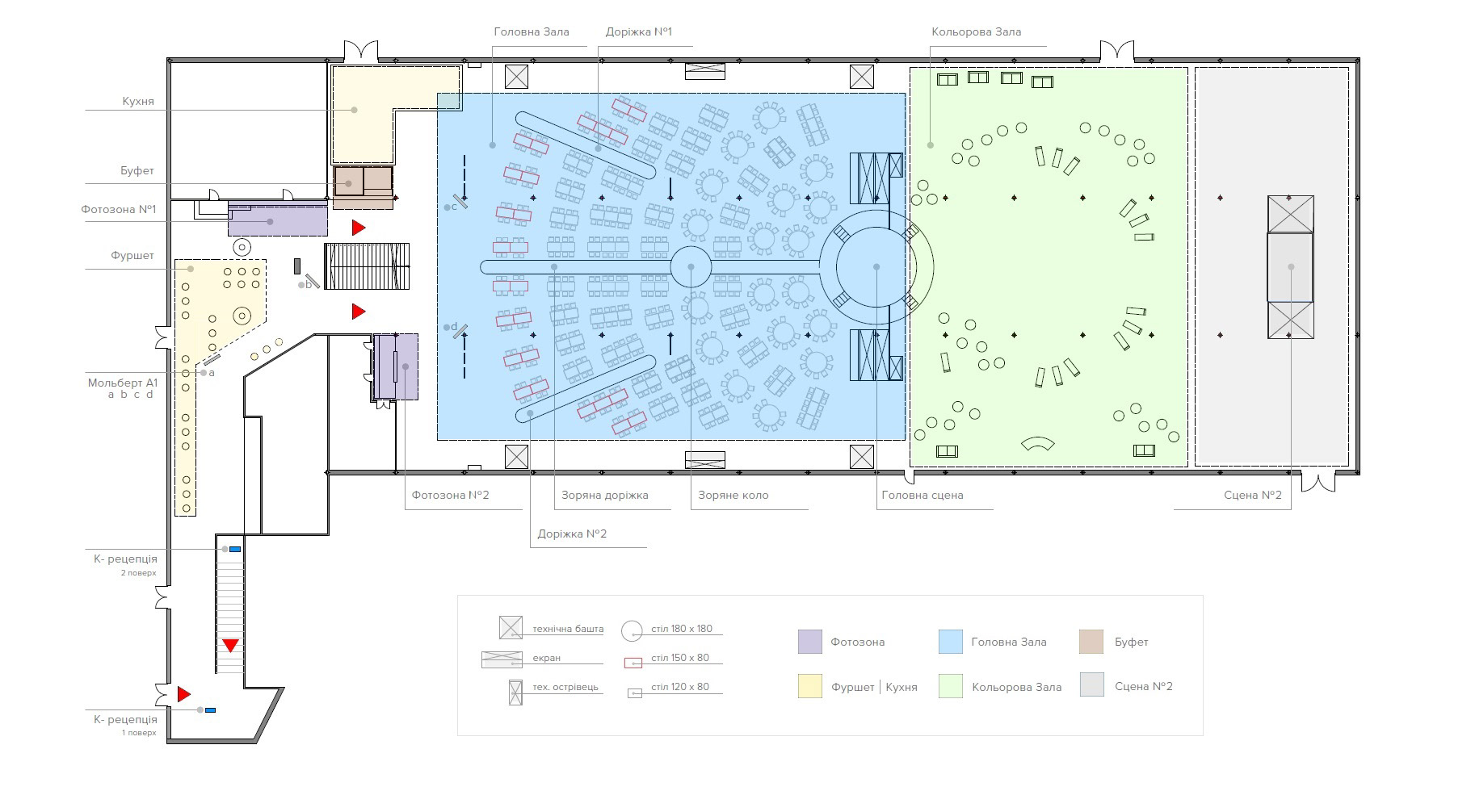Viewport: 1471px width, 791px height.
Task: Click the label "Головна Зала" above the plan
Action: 531,32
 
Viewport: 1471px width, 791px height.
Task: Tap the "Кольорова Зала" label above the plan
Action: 976,32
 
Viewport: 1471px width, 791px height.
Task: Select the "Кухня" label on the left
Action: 138,102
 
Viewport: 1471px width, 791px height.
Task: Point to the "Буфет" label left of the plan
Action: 137,171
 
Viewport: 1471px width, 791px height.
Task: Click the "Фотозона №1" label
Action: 118,209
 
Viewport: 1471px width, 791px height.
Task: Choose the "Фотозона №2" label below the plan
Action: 450,495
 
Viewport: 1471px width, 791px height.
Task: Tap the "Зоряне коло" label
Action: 733,495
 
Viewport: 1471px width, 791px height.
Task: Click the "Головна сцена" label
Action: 923,495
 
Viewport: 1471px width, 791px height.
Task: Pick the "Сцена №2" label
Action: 1252,495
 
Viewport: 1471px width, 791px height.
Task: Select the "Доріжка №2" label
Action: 572,534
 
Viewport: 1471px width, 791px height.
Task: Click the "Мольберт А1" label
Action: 122,383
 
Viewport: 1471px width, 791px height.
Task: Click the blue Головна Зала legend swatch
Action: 951,642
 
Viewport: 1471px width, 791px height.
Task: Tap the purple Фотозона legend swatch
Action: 809,642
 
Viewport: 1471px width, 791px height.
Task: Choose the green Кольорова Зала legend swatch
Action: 951,687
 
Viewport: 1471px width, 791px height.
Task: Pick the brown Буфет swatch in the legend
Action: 1091,642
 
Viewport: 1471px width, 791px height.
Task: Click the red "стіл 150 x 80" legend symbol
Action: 633,663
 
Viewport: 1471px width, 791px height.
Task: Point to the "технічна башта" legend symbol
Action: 511,628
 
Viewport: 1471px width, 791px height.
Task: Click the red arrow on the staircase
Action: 231,645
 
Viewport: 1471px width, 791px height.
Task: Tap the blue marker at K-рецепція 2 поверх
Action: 235,549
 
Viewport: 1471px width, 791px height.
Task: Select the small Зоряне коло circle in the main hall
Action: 691,266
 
